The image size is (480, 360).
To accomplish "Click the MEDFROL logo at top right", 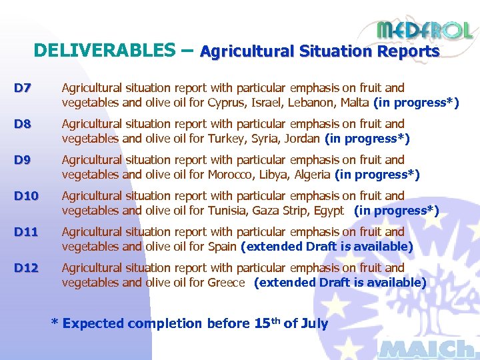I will click(425, 30).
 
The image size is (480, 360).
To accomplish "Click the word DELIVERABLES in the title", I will click(104, 51).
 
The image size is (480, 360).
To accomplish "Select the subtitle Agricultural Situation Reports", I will click(319, 51).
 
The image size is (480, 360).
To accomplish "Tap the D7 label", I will click(23, 88).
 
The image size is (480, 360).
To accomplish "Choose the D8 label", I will click(23, 124).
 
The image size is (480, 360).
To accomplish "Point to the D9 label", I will click(23, 160).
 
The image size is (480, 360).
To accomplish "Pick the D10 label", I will click(27, 196).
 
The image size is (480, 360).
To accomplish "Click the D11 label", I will click(27, 232).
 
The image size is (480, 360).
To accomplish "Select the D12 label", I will click(27, 268).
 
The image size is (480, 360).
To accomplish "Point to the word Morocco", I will click(231, 175).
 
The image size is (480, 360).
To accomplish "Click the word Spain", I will click(222, 247).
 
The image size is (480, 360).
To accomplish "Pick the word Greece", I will click(227, 283).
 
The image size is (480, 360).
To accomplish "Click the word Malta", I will click(354, 103).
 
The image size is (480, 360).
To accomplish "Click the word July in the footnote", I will click(313, 324).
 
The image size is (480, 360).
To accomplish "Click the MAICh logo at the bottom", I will click(426, 349).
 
